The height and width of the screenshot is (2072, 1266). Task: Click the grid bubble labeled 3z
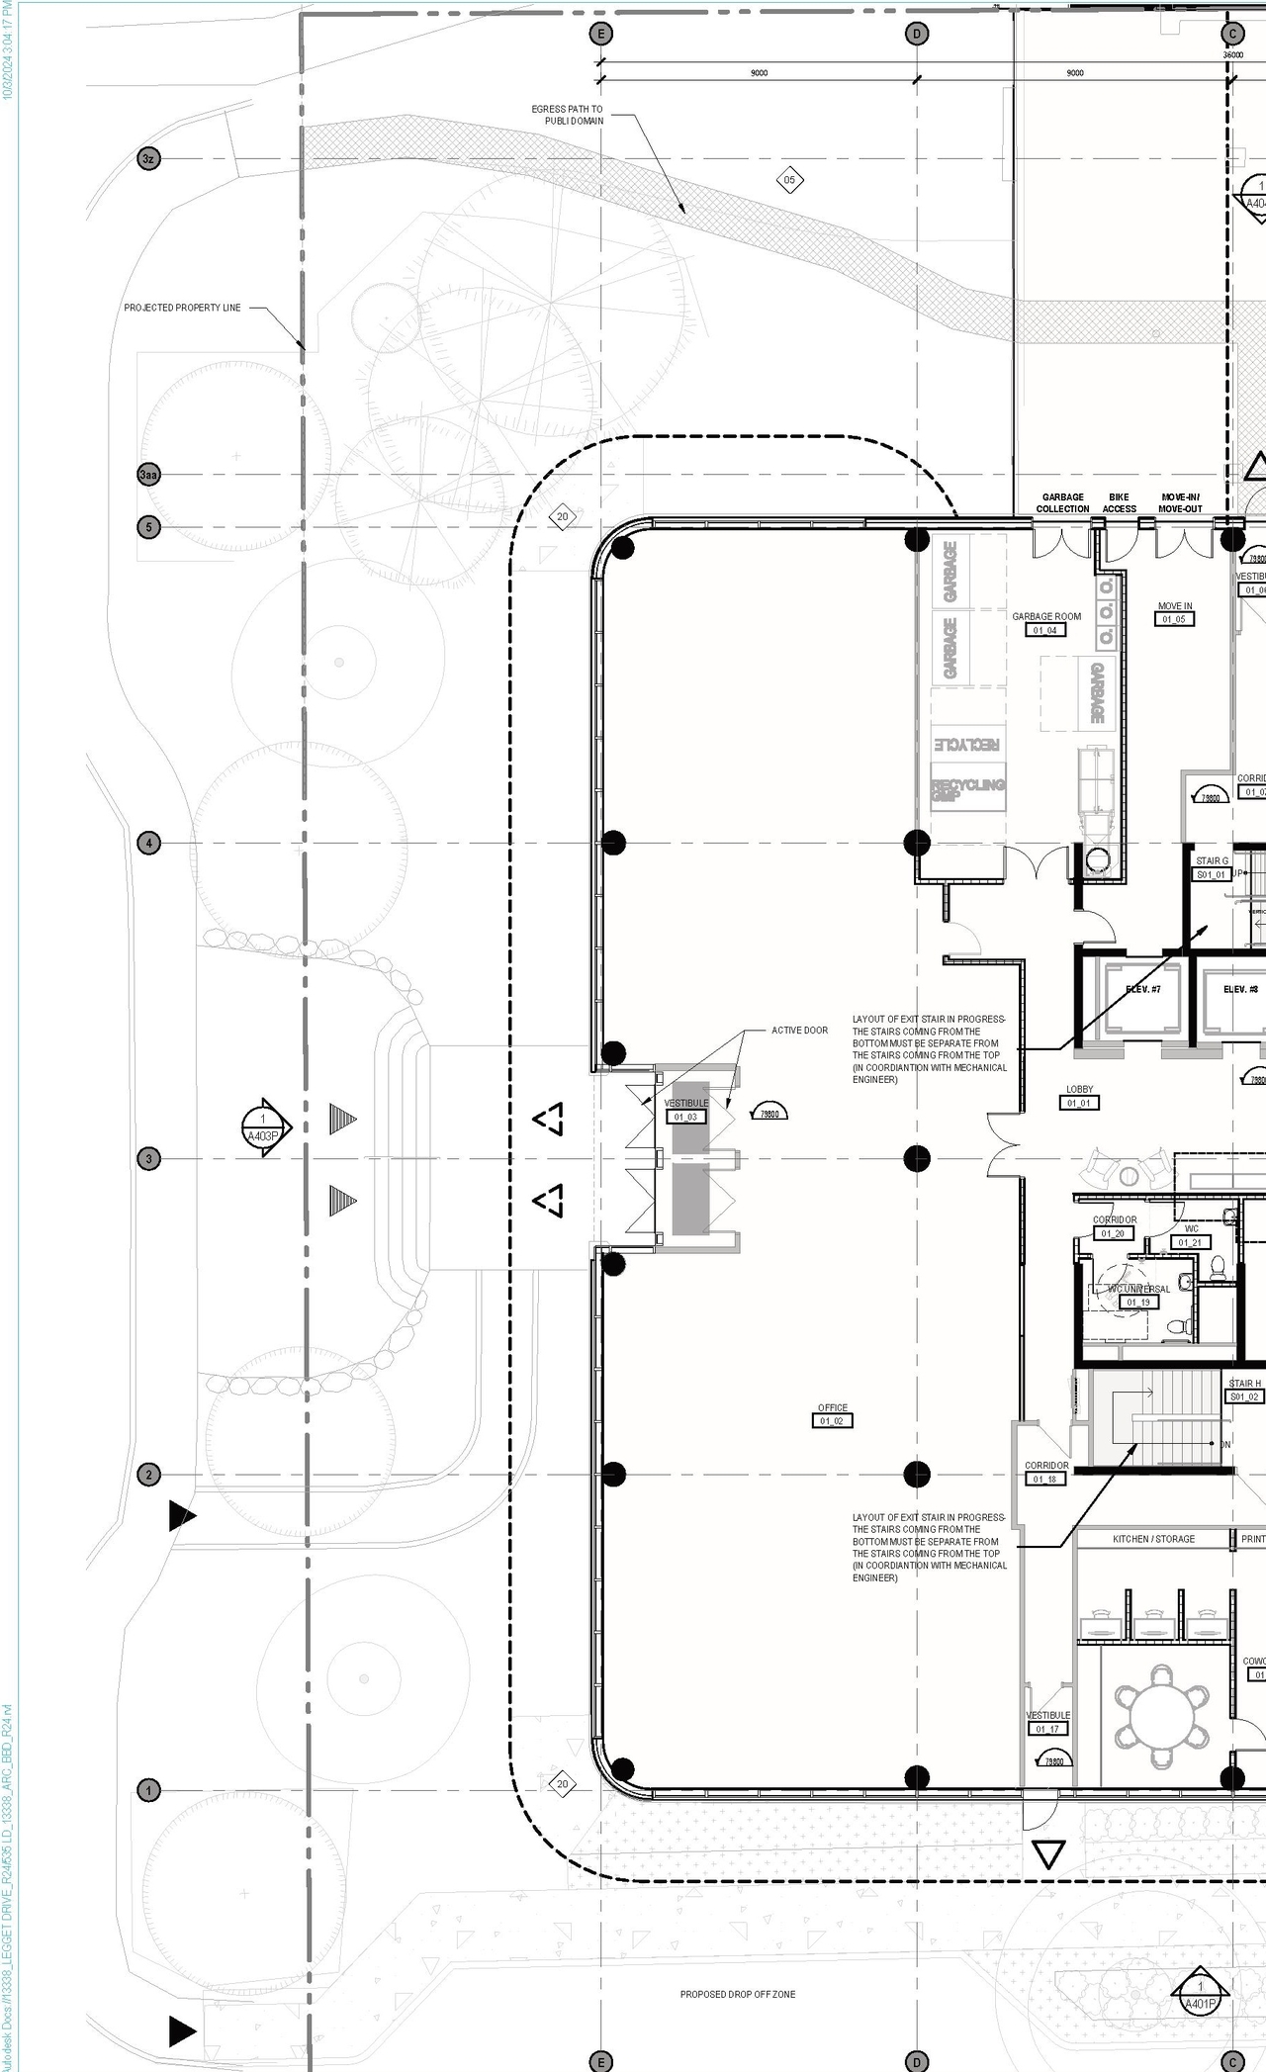tap(148, 158)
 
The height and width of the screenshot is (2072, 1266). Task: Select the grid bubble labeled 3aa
tap(148, 475)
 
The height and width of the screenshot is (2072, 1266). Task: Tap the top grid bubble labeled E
tap(600, 34)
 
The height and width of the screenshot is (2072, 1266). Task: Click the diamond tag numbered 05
tap(789, 180)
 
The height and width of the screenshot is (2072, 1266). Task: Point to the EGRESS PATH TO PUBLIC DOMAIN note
tap(567, 115)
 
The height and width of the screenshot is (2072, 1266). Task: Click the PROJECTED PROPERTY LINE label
tap(182, 308)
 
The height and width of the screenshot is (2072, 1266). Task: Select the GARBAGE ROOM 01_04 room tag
tap(1046, 623)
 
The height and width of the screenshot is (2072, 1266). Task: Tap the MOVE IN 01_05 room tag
tap(1174, 613)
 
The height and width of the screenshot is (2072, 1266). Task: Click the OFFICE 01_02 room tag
tap(832, 1414)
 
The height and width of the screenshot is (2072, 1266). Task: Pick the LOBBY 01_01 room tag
tap(1079, 1096)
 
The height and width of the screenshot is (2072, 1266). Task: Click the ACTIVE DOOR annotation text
tap(799, 1031)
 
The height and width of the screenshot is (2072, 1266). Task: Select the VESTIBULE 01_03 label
tap(685, 1110)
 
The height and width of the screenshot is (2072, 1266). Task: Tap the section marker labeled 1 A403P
tap(264, 1127)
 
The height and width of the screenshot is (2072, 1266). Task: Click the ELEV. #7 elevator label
tap(1142, 989)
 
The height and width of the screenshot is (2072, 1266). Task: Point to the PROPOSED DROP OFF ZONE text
tap(737, 1995)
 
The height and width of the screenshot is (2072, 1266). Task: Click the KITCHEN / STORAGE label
tap(1153, 1539)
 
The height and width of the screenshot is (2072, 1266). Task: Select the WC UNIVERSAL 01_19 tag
tap(1138, 1296)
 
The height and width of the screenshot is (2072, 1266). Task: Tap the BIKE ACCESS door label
tap(1119, 502)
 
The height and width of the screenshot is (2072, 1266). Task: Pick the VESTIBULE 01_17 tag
tap(1047, 1722)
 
